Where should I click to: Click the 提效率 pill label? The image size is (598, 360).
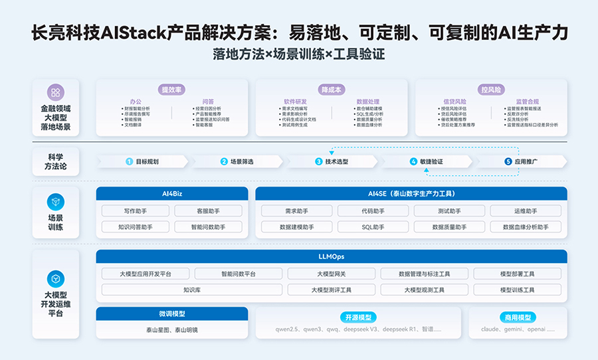pos(172,89)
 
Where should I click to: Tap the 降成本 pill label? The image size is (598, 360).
pos(332,89)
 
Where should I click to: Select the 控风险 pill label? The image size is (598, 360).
pos(491,89)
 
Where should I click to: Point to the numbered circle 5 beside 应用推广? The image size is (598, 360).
pos(508,161)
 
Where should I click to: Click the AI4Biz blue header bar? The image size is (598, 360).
pos(172,193)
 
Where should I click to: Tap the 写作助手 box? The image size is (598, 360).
pos(136,211)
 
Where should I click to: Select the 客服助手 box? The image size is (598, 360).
pos(208,211)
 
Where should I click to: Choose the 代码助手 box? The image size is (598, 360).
pos(373,211)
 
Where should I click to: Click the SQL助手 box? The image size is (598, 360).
pos(373,227)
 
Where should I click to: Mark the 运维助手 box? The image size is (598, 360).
pos(526,211)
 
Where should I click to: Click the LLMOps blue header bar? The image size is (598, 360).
pos(332,256)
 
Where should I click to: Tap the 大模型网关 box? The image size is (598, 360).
pos(331,274)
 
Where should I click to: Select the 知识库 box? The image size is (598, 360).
pos(191,290)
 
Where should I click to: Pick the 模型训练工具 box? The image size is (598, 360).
pos(517,290)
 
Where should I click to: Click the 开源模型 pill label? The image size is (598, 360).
pos(358,317)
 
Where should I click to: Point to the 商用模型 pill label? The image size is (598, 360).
pos(518,317)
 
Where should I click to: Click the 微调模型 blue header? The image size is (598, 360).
pos(172,314)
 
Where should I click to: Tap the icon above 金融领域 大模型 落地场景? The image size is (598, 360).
pos(55,93)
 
